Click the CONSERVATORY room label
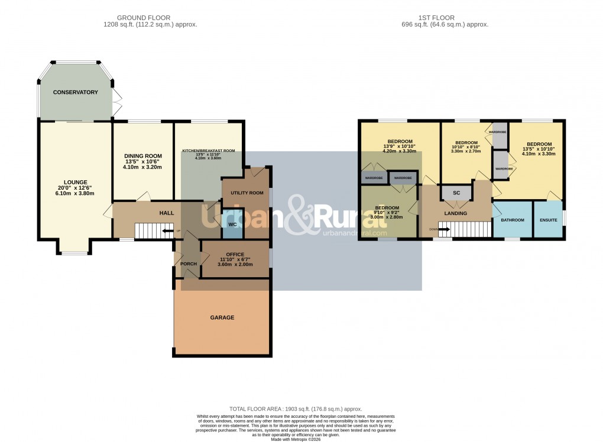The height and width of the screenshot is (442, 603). pos(75,93)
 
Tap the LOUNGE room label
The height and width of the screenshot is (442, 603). pos(76,182)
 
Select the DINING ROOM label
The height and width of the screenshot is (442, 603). pos(142,155)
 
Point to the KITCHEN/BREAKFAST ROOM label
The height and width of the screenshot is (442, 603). pos(208,151)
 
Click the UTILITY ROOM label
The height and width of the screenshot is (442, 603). pos(247,193)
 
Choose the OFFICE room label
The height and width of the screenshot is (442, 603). pos(226,254)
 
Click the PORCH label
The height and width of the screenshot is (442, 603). pos(188,264)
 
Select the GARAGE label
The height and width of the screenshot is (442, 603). pos(222,318)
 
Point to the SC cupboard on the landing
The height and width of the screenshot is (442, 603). pos(456,193)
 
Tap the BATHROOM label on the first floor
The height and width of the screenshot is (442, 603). pos(513,220)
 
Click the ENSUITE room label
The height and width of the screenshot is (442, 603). pos(547,220)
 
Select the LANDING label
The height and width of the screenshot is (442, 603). pos(455,213)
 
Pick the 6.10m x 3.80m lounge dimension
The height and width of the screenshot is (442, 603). pos(76,194)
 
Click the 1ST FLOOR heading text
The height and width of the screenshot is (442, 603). pos(436,18)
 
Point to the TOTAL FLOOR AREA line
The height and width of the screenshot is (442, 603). pos(295,409)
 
